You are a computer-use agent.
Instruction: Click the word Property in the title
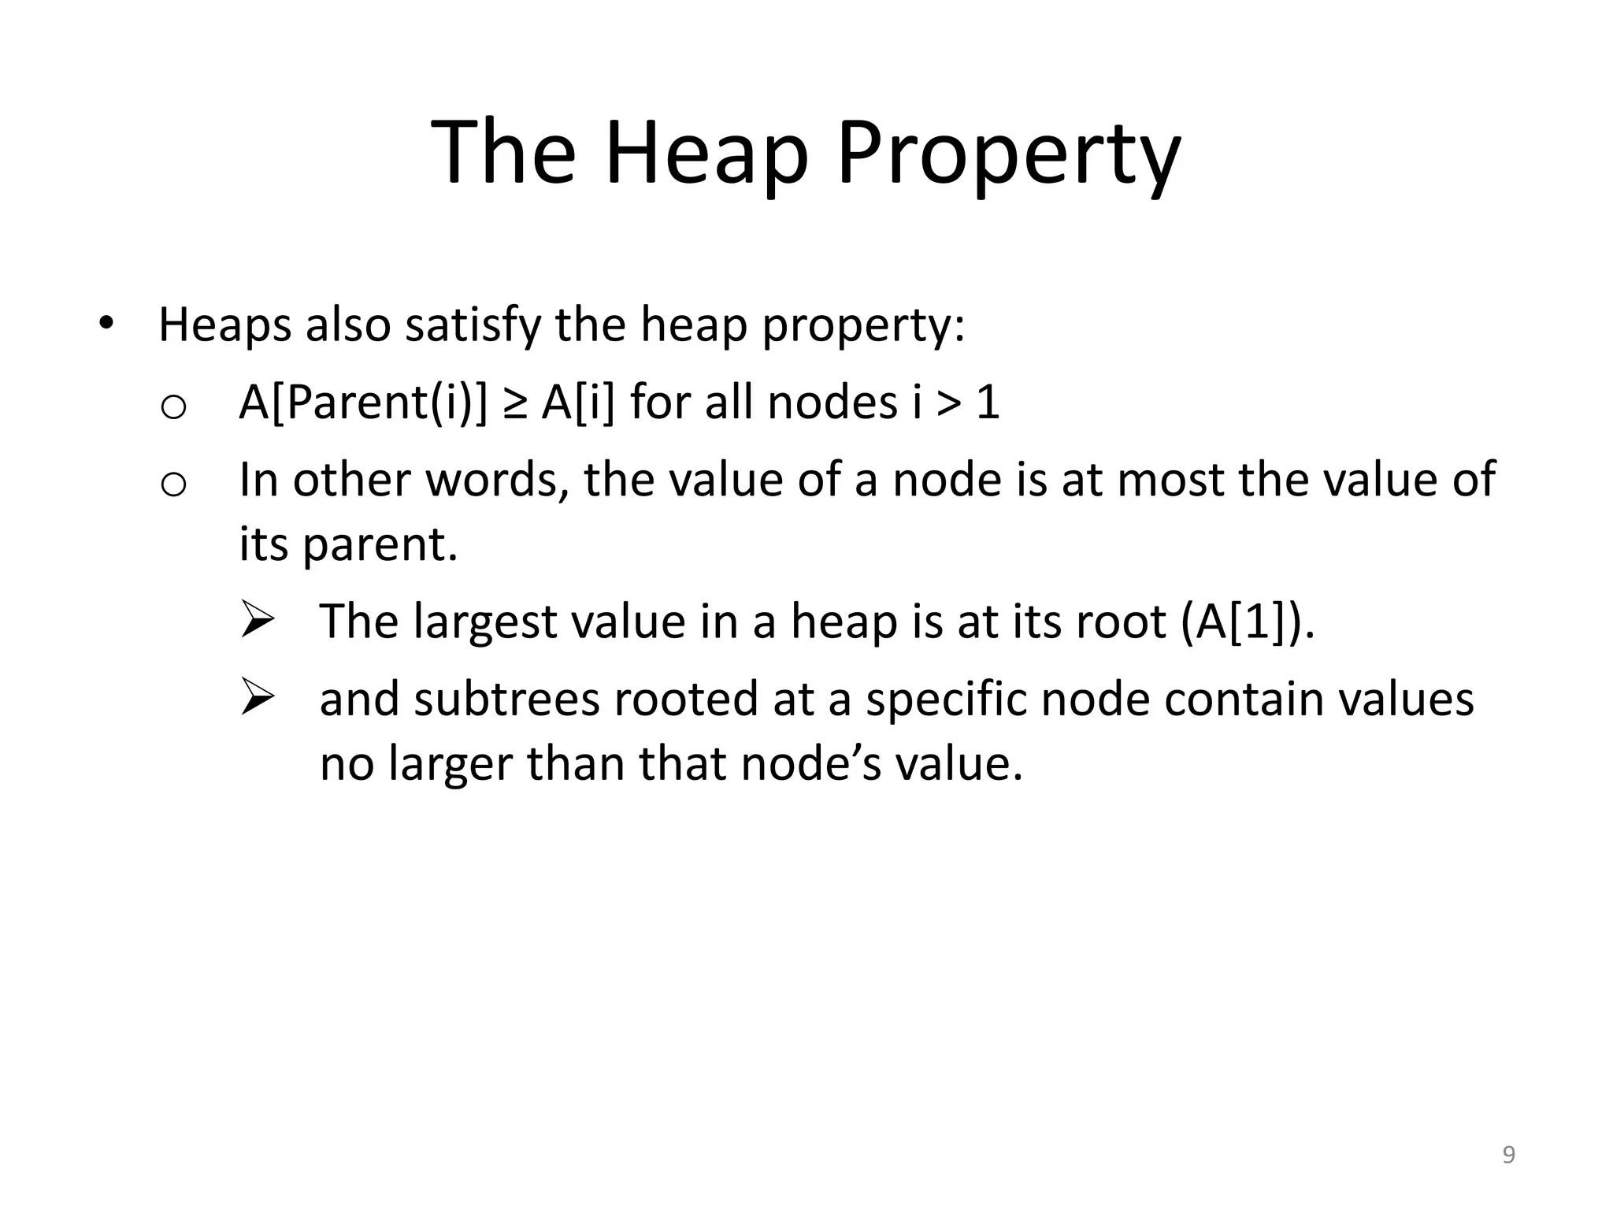pyautogui.click(x=1008, y=154)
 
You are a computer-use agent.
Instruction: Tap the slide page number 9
pyautogui.click(x=1508, y=1156)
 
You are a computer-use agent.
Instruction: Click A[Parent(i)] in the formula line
pyautogui.click(x=363, y=403)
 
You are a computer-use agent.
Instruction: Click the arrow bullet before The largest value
pyautogui.click(x=257, y=620)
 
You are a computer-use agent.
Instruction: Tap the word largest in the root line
pyautogui.click(x=485, y=622)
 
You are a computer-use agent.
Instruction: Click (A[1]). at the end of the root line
pyautogui.click(x=1248, y=622)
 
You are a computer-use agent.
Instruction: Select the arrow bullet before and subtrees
pyautogui.click(x=257, y=697)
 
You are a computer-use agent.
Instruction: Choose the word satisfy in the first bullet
pyautogui.click(x=473, y=325)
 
